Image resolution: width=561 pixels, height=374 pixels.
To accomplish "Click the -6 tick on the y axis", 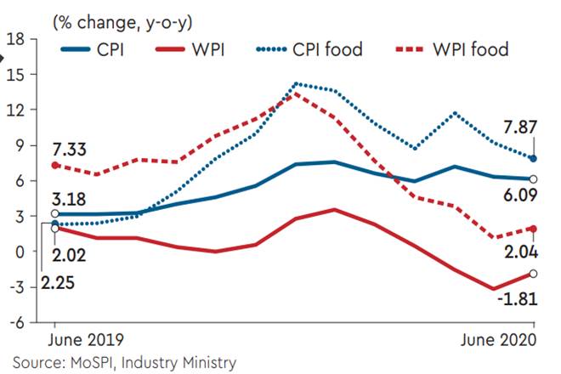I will [x=15, y=322].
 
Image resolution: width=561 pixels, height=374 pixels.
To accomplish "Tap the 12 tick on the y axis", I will [x=15, y=110].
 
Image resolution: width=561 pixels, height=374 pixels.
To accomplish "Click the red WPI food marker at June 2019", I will [x=55, y=165].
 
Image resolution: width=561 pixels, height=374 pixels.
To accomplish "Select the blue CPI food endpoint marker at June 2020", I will [x=534, y=158].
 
